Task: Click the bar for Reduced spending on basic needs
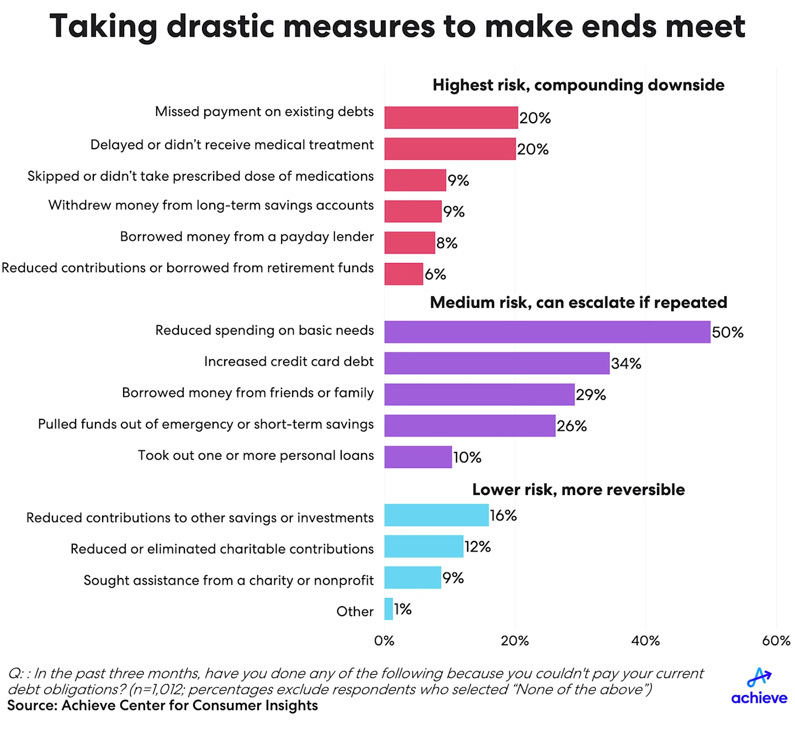[x=547, y=332]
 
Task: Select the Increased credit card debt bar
[x=497, y=363]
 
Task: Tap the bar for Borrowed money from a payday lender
[x=410, y=243]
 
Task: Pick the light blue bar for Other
[x=389, y=609]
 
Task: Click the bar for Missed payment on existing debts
[x=451, y=118]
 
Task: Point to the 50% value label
[x=727, y=333]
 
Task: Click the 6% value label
[x=435, y=274]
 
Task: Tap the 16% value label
[x=503, y=516]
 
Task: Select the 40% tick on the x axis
[x=645, y=641]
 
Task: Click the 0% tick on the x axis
[x=384, y=641]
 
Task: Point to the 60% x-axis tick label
[x=776, y=641]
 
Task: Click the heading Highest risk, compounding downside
[x=578, y=85]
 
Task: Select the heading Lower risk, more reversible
[x=578, y=490]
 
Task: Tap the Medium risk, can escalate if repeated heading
[x=578, y=303]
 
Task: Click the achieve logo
[x=759, y=687]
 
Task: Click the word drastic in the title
[x=220, y=26]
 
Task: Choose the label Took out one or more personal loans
[x=256, y=455]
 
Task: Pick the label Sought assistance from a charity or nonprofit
[x=229, y=580]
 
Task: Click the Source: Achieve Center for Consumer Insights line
[x=162, y=706]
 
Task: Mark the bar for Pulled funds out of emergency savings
[x=470, y=425]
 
